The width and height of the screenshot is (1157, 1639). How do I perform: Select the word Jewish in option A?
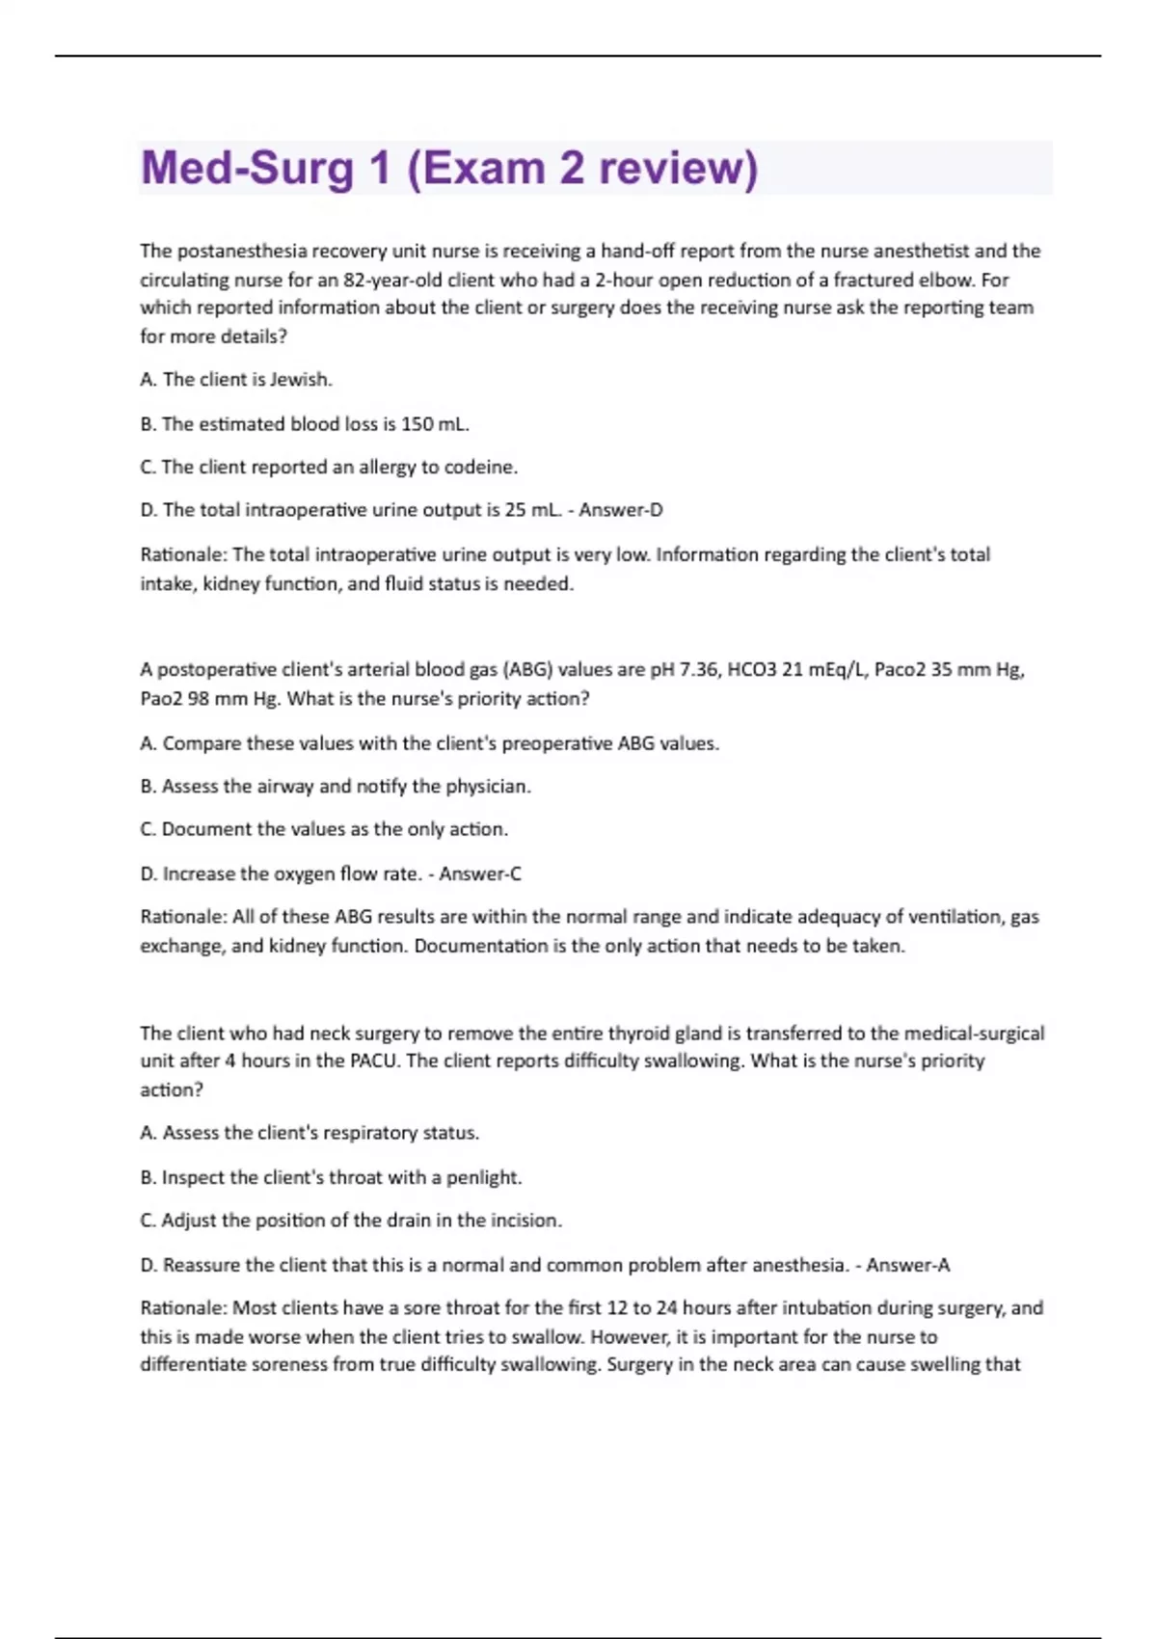[x=300, y=380]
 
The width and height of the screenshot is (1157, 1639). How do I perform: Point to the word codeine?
[x=480, y=468]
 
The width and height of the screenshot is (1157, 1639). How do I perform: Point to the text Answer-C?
[x=480, y=874]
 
